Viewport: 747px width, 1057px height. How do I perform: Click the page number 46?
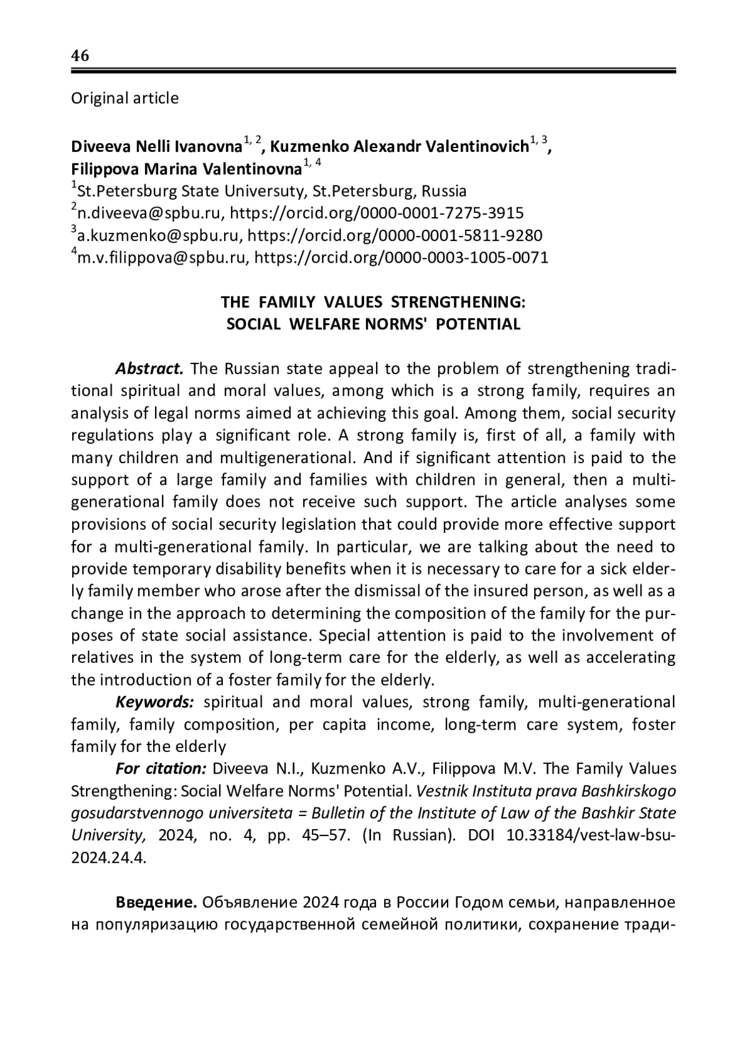80,56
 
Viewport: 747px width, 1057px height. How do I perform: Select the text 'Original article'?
125,98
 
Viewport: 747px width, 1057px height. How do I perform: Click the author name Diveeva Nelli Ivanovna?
156,147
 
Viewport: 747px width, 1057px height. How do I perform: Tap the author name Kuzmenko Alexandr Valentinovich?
400,147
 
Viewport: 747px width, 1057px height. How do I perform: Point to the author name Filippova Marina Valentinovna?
186,169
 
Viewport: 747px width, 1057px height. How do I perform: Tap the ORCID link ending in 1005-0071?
402,258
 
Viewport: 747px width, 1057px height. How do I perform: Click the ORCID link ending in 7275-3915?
377,214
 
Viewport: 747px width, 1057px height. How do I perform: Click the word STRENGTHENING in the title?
458,302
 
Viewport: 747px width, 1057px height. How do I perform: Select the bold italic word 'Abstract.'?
149,369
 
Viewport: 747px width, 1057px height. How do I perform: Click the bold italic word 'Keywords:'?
155,702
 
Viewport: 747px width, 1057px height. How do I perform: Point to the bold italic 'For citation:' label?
161,769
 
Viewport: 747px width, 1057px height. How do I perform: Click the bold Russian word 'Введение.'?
156,903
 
